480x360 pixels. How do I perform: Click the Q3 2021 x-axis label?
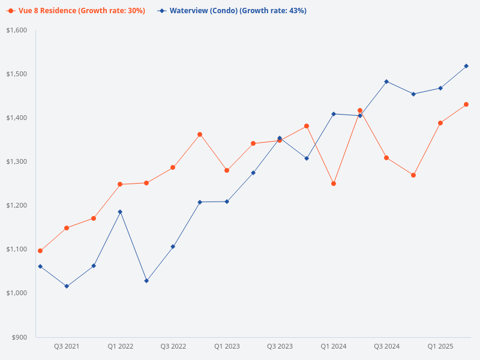coord(67,346)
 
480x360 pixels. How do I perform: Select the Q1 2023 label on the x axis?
coord(227,346)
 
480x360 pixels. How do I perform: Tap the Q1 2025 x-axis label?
coord(440,346)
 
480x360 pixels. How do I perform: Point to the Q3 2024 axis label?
coord(387,346)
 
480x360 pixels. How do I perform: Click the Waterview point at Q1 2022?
coord(120,212)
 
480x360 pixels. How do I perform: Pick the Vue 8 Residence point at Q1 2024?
coord(334,184)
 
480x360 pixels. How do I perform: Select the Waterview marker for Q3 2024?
coord(386,82)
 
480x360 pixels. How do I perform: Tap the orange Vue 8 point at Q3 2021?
coord(67,228)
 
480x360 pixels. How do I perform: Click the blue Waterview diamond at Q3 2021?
coord(67,286)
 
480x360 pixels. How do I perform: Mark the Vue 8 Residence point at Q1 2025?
coord(440,123)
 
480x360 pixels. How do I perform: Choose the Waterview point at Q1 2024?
coord(334,114)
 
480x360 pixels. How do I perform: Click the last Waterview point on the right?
coord(466,66)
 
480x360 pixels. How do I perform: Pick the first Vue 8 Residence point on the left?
coord(40,251)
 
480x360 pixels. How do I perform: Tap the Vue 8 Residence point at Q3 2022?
coord(173,167)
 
